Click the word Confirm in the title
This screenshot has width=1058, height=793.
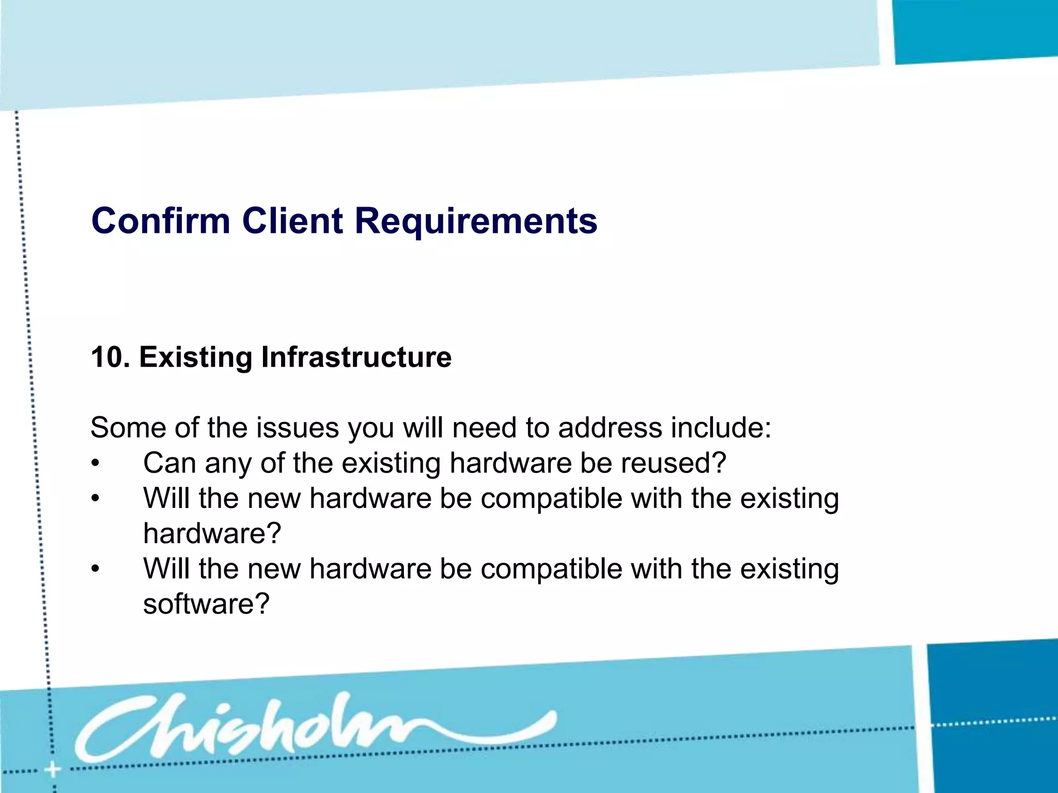(x=160, y=221)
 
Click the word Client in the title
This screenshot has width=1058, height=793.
(x=292, y=221)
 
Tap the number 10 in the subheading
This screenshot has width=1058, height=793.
(x=106, y=357)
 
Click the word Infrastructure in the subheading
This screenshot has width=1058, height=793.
(x=356, y=357)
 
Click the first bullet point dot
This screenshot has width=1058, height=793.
(x=95, y=464)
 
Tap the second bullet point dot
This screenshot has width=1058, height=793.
(x=95, y=499)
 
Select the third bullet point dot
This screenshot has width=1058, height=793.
(x=95, y=569)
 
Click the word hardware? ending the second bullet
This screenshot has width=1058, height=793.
(x=212, y=534)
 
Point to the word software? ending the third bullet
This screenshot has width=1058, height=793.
(x=206, y=604)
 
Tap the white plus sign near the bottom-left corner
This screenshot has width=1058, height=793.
(x=52, y=770)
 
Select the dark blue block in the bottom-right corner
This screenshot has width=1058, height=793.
(x=992, y=718)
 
